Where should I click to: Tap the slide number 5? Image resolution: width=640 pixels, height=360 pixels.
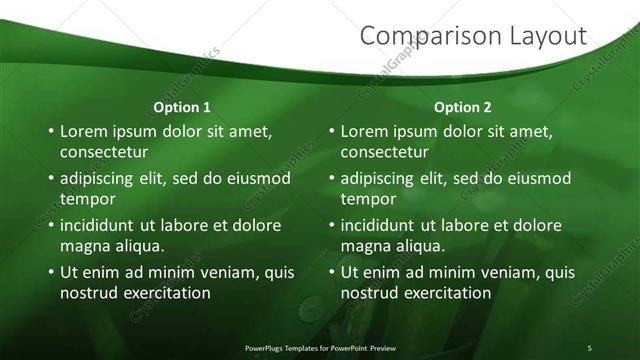[x=590, y=347]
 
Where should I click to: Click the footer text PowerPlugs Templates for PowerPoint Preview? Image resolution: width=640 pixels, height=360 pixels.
[x=329, y=347]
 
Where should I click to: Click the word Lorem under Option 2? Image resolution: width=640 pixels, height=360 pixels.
[x=367, y=131]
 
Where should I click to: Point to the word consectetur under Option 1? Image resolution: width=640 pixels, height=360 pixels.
[x=104, y=152]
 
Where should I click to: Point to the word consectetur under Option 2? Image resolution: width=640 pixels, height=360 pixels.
[x=384, y=152]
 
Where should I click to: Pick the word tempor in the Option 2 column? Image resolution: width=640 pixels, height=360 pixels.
[x=368, y=198]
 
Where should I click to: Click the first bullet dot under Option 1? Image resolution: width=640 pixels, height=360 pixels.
[x=51, y=132]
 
